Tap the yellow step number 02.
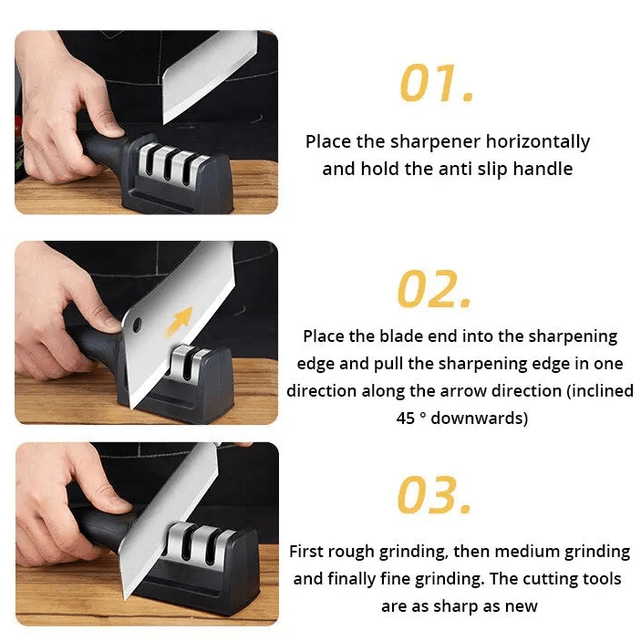(x=434, y=290)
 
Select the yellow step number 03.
(x=435, y=495)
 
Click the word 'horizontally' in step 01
(x=537, y=141)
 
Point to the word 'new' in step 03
(x=521, y=606)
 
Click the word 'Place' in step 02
(x=324, y=336)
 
